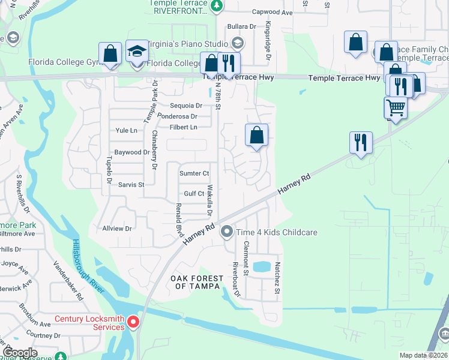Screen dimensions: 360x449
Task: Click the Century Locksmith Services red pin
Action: coord(133,323)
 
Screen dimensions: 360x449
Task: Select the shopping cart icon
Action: coord(395,108)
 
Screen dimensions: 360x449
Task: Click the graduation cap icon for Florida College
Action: coord(137,53)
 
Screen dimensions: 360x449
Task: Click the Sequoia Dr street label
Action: coord(186,106)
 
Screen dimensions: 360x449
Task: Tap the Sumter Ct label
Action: coord(194,173)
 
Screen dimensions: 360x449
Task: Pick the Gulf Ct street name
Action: coord(194,193)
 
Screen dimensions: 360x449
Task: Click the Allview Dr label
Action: coord(116,229)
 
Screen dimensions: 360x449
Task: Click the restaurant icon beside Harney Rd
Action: coord(361,143)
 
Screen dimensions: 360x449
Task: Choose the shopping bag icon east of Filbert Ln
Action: coord(256,136)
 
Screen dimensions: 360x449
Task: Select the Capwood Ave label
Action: coord(272,12)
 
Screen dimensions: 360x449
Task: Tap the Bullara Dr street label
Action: coord(241,27)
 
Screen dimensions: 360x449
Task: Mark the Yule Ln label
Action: coord(126,130)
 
